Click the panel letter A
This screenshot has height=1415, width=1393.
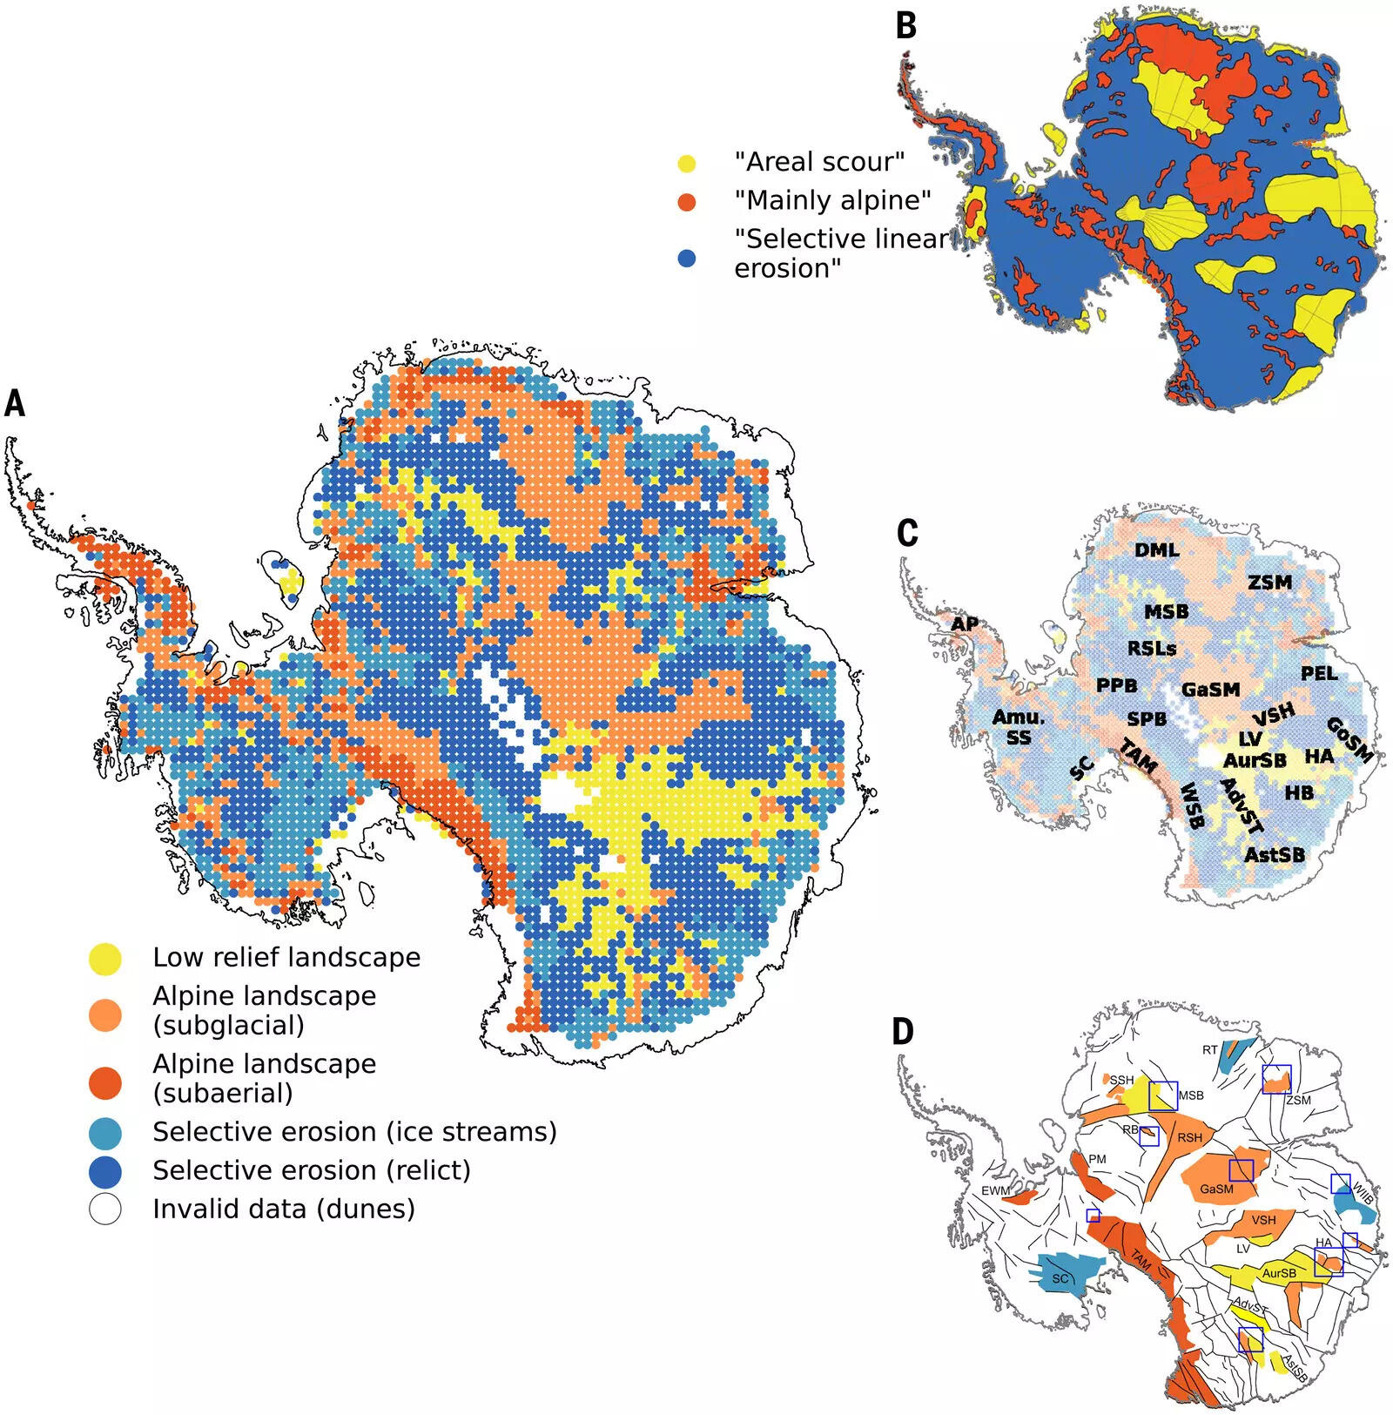(x=15, y=403)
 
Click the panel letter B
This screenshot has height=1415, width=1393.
(x=906, y=25)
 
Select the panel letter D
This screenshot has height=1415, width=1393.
(x=904, y=1031)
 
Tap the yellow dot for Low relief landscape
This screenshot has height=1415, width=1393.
(x=105, y=958)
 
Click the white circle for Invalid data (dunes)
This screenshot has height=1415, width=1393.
(x=105, y=1209)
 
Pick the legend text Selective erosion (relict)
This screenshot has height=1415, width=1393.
(x=311, y=1170)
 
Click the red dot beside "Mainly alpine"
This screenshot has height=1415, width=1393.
(x=687, y=202)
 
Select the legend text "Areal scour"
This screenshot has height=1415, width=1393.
(x=819, y=162)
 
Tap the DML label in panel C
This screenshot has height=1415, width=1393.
(x=1156, y=550)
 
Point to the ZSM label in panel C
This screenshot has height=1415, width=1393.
(x=1270, y=582)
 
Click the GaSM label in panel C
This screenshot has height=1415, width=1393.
(x=1210, y=690)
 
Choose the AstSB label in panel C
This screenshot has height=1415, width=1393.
(x=1274, y=854)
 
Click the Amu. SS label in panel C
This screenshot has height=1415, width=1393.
(x=1018, y=727)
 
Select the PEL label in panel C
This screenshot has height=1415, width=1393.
(x=1318, y=673)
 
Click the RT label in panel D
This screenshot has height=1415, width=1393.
(x=1210, y=1050)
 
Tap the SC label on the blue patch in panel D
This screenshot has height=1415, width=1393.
(x=1060, y=1279)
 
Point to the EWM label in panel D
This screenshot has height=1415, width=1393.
(x=995, y=1190)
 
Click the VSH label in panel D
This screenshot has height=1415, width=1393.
(x=1263, y=1220)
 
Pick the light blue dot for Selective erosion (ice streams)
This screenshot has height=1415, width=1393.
(x=105, y=1133)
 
